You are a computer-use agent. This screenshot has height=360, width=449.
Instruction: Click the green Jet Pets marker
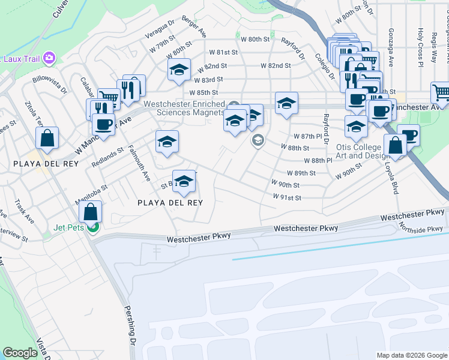coord(92,227)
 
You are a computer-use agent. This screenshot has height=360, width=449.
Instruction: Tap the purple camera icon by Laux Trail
coord(50,58)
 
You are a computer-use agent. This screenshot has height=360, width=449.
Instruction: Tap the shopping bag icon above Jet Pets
coord(90,211)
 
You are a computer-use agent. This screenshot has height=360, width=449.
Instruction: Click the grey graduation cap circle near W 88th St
coord(258,141)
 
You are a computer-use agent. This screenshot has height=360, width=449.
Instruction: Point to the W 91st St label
coord(286,197)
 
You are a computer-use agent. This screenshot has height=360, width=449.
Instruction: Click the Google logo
coord(20,353)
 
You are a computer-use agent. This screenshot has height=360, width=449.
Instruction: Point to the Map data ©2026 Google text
coord(412,355)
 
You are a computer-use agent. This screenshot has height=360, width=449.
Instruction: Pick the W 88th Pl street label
coord(318,161)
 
